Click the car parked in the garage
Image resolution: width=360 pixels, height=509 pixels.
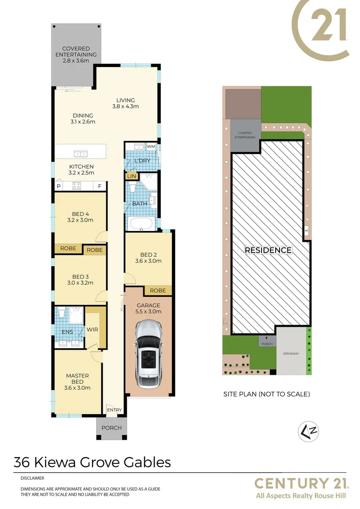click(148, 351)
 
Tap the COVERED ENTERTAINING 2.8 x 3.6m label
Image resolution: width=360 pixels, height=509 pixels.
click(76, 55)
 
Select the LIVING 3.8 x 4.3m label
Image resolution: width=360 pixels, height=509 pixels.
click(126, 103)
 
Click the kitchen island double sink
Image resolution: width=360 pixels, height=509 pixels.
click(80, 153)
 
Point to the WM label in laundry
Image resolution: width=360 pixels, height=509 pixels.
click(151, 147)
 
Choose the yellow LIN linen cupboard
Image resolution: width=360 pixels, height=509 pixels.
click(131, 176)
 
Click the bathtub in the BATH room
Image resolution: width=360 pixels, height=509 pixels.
click(140, 224)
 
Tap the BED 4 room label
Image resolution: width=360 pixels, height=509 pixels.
click(81, 217)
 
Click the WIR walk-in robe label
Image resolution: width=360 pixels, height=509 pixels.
click(92, 329)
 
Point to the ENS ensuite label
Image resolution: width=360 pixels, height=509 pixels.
click(67, 332)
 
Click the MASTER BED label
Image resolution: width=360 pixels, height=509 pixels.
click(77, 382)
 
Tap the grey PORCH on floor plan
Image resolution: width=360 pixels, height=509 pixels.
click(112, 428)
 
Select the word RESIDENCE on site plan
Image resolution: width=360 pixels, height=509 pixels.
click(268, 250)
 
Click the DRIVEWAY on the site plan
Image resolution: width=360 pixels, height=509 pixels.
click(291, 353)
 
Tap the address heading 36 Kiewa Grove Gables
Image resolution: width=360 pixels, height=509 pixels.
click(92, 462)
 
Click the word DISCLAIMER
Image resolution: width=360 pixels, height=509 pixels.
click(33, 478)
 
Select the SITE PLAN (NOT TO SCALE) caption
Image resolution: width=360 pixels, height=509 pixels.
click(266, 394)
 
